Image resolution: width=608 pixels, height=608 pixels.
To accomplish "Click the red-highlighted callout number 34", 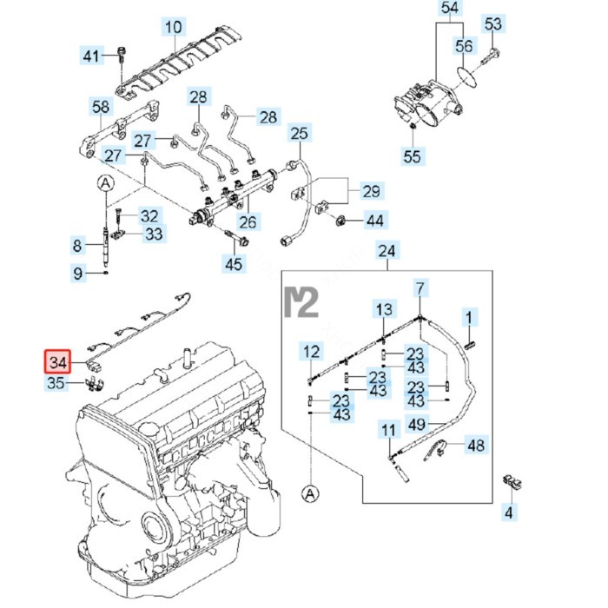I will (58, 361).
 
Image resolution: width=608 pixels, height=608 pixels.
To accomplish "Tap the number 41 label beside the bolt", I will (92, 56).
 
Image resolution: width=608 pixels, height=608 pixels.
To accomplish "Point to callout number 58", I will (101, 107).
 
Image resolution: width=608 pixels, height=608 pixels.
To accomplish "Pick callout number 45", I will (233, 263).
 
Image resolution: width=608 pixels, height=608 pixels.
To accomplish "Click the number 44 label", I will (374, 221).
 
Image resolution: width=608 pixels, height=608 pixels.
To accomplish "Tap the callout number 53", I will (492, 23).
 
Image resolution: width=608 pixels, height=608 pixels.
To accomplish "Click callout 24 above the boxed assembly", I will (387, 253).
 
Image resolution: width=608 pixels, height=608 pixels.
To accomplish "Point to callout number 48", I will (477, 446).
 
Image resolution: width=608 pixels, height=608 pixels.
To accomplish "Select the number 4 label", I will (509, 513).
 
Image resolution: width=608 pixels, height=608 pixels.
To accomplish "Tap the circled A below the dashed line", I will (310, 494).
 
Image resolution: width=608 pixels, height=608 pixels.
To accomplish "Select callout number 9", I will (77, 274).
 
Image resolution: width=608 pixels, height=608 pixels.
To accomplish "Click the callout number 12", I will (311, 350).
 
